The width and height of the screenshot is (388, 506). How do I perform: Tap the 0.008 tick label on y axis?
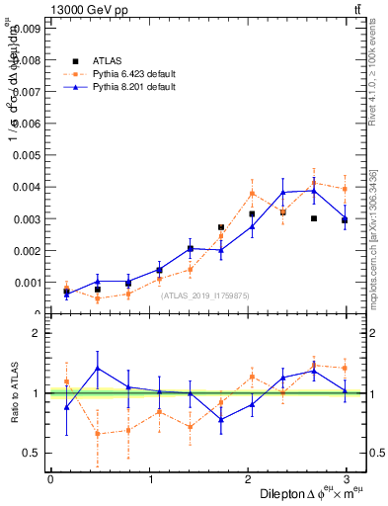coord(24,61)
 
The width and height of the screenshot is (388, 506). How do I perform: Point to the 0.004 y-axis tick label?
coord(24,187)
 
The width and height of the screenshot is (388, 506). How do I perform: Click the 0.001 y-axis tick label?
coord(24,282)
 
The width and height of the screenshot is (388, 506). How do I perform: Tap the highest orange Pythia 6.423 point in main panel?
coord(314,182)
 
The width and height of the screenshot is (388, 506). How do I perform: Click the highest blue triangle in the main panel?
coord(314,190)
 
